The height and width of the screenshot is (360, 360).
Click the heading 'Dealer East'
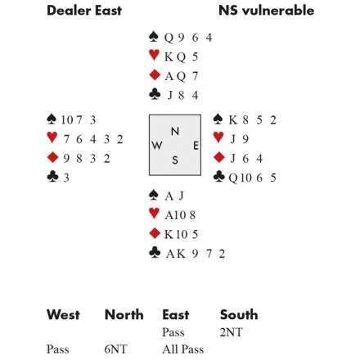pos(84,11)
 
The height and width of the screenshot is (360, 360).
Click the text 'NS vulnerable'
pos(267,11)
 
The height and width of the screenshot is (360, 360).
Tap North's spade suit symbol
pos(154,37)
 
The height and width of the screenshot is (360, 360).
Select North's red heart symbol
pos(154,55)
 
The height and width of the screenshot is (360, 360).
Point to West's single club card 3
pos(66,178)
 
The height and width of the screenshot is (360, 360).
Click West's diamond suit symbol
pos(52,157)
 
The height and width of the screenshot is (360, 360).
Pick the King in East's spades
pos(232,120)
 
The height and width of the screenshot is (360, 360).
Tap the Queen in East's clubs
pos(233,178)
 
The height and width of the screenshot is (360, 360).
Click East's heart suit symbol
pos(218,137)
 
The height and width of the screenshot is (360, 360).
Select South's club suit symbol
pos(155,252)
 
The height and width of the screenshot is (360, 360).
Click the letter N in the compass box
pos(175,132)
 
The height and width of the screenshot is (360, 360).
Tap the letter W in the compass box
pos(157,146)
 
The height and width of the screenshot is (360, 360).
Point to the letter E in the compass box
pos(196,146)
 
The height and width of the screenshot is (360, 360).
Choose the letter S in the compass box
pos(175,160)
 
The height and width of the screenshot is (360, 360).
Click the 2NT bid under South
pos(231,332)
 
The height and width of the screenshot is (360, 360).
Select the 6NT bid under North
pos(115,349)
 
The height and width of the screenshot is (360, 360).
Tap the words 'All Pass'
pos(183,349)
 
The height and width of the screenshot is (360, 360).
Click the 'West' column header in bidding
pos(63,314)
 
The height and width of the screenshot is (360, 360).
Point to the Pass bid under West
pos(57,349)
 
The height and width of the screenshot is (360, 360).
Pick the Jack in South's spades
pos(182,196)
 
